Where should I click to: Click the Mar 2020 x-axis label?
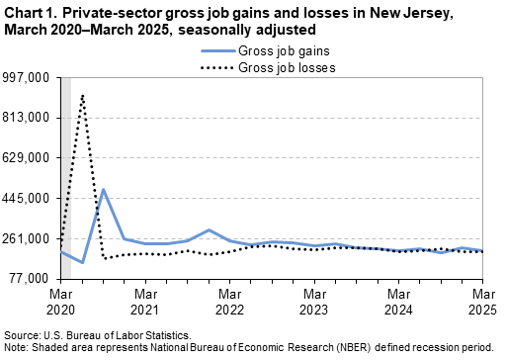61,302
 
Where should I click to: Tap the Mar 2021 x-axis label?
145,302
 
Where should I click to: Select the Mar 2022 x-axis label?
229,302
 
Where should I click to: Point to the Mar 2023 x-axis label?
314,302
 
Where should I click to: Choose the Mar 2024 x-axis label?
398,302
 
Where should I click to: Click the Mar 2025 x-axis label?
482,302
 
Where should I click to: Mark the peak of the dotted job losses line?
82,95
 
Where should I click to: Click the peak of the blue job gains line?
104,189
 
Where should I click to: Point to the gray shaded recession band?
65,178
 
